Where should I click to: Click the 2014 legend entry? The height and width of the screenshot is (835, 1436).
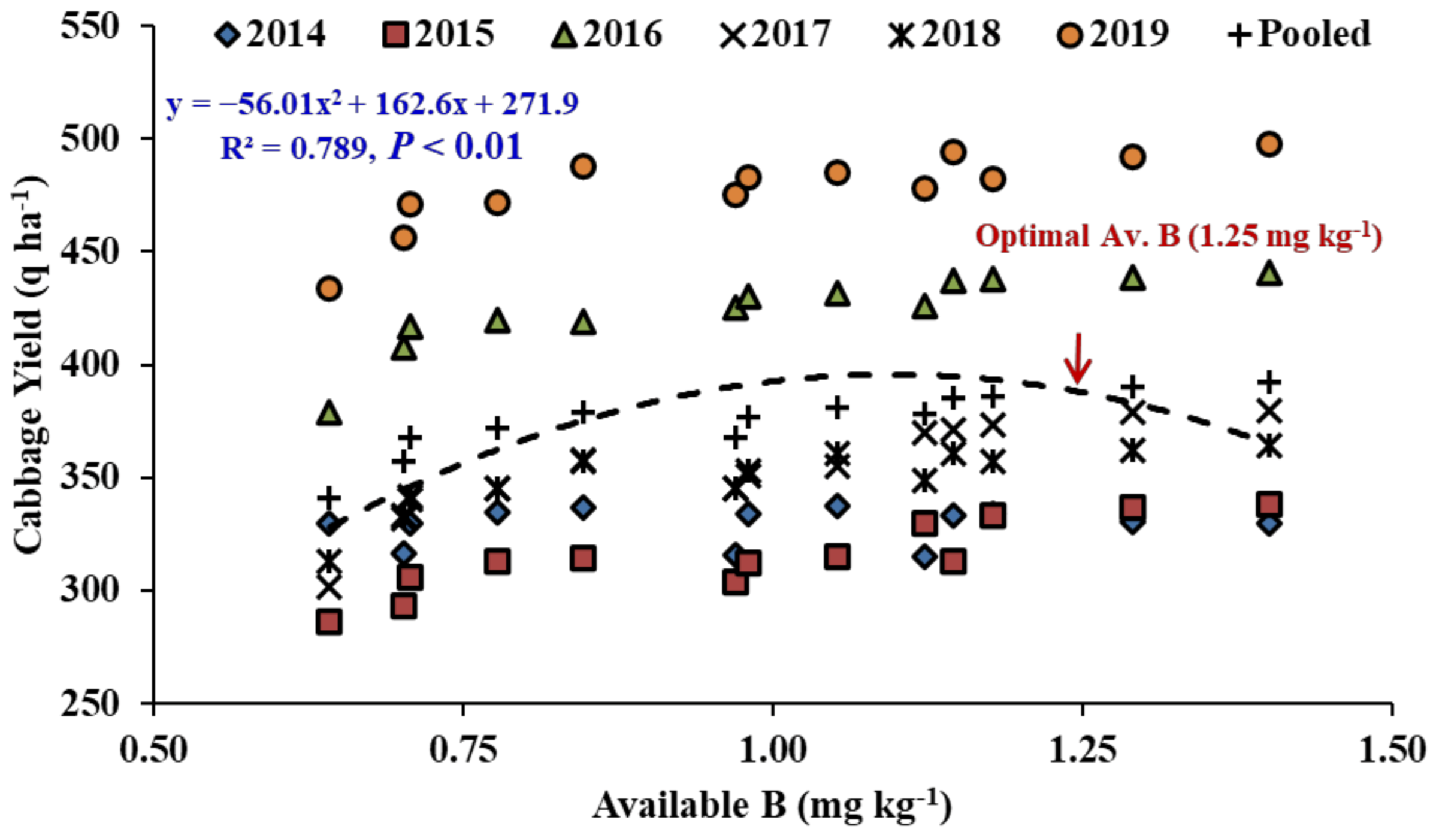(x=271, y=34)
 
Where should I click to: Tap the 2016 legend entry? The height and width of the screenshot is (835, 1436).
(x=607, y=34)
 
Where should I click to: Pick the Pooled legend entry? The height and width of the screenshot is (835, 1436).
(x=1299, y=34)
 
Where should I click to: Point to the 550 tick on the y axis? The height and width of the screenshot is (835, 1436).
(x=90, y=26)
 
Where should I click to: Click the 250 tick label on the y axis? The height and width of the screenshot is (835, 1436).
(x=90, y=703)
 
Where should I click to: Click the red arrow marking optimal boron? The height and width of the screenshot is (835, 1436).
(x=1078, y=358)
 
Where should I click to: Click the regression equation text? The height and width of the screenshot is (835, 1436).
(x=372, y=104)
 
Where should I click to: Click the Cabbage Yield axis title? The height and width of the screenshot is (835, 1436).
(x=29, y=365)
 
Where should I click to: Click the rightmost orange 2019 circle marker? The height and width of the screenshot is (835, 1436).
(x=1269, y=144)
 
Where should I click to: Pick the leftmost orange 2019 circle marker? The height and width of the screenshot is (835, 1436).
(x=329, y=289)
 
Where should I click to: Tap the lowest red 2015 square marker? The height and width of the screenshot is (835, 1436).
(x=329, y=622)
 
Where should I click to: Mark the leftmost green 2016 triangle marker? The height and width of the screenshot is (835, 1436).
(x=329, y=413)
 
